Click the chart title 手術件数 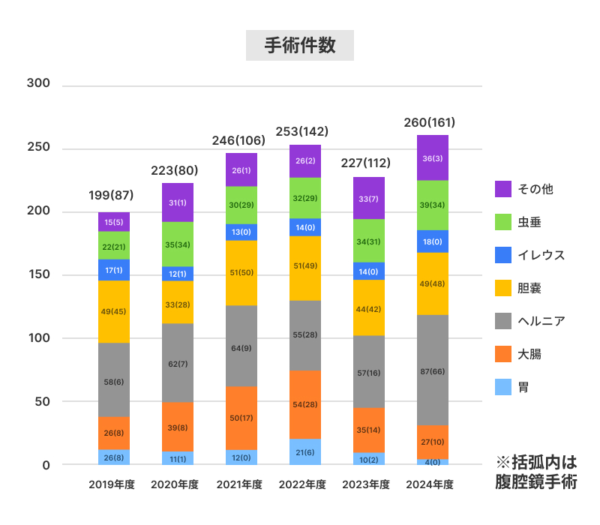pos(300,46)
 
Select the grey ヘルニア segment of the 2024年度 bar pos(427,352)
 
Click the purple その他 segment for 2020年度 pos(178,202)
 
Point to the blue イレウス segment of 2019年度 pos(114,270)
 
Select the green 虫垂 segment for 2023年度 pos(368,241)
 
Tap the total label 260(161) pos(429,122)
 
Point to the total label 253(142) pos(302,131)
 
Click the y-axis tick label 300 pos(37,83)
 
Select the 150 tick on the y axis pos(37,274)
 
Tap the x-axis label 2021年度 pos(238,484)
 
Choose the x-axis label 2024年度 pos(429,484)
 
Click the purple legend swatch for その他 pos(503,189)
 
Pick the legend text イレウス pos(541,255)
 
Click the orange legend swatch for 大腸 pos(503,354)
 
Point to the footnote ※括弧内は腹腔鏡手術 pos(537,472)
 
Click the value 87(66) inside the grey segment pos(427,370)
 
